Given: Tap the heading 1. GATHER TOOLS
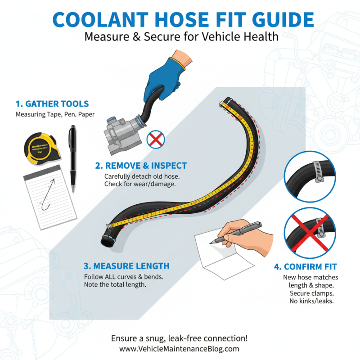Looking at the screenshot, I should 52,103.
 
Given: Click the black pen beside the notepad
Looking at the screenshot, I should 72,157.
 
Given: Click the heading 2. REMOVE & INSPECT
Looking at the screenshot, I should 141,166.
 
